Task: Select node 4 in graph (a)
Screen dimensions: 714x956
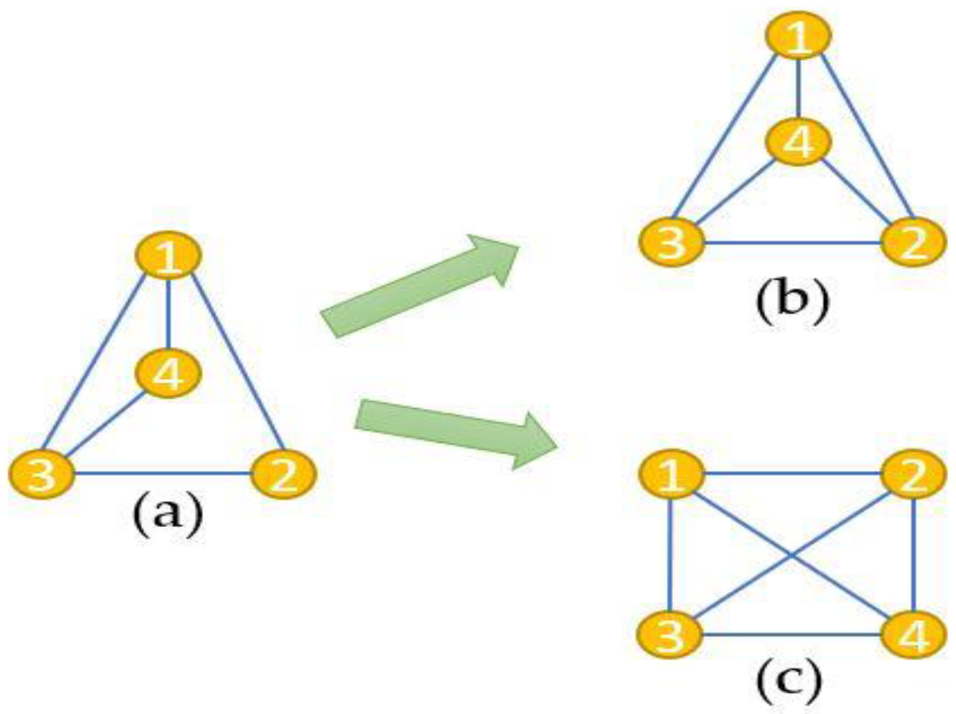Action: point(168,372)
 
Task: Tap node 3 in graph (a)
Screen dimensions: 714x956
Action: point(41,473)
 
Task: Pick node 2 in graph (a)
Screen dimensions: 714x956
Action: point(283,473)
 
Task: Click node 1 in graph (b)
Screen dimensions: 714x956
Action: point(798,35)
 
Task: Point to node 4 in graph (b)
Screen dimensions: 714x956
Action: point(798,142)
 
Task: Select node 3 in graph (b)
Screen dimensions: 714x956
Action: point(672,242)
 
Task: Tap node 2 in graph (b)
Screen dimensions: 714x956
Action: point(913,242)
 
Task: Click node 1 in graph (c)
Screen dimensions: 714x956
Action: point(672,473)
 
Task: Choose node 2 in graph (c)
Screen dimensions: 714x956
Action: point(913,473)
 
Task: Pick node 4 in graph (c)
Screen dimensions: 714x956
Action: point(913,635)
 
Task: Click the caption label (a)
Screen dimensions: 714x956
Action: point(167,515)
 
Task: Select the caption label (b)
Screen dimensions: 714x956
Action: point(792,300)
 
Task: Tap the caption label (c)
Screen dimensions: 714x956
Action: point(788,680)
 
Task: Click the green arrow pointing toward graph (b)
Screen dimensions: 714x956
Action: point(420,285)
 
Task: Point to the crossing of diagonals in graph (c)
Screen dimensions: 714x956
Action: point(792,555)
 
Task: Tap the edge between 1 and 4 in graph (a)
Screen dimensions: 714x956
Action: point(168,313)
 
